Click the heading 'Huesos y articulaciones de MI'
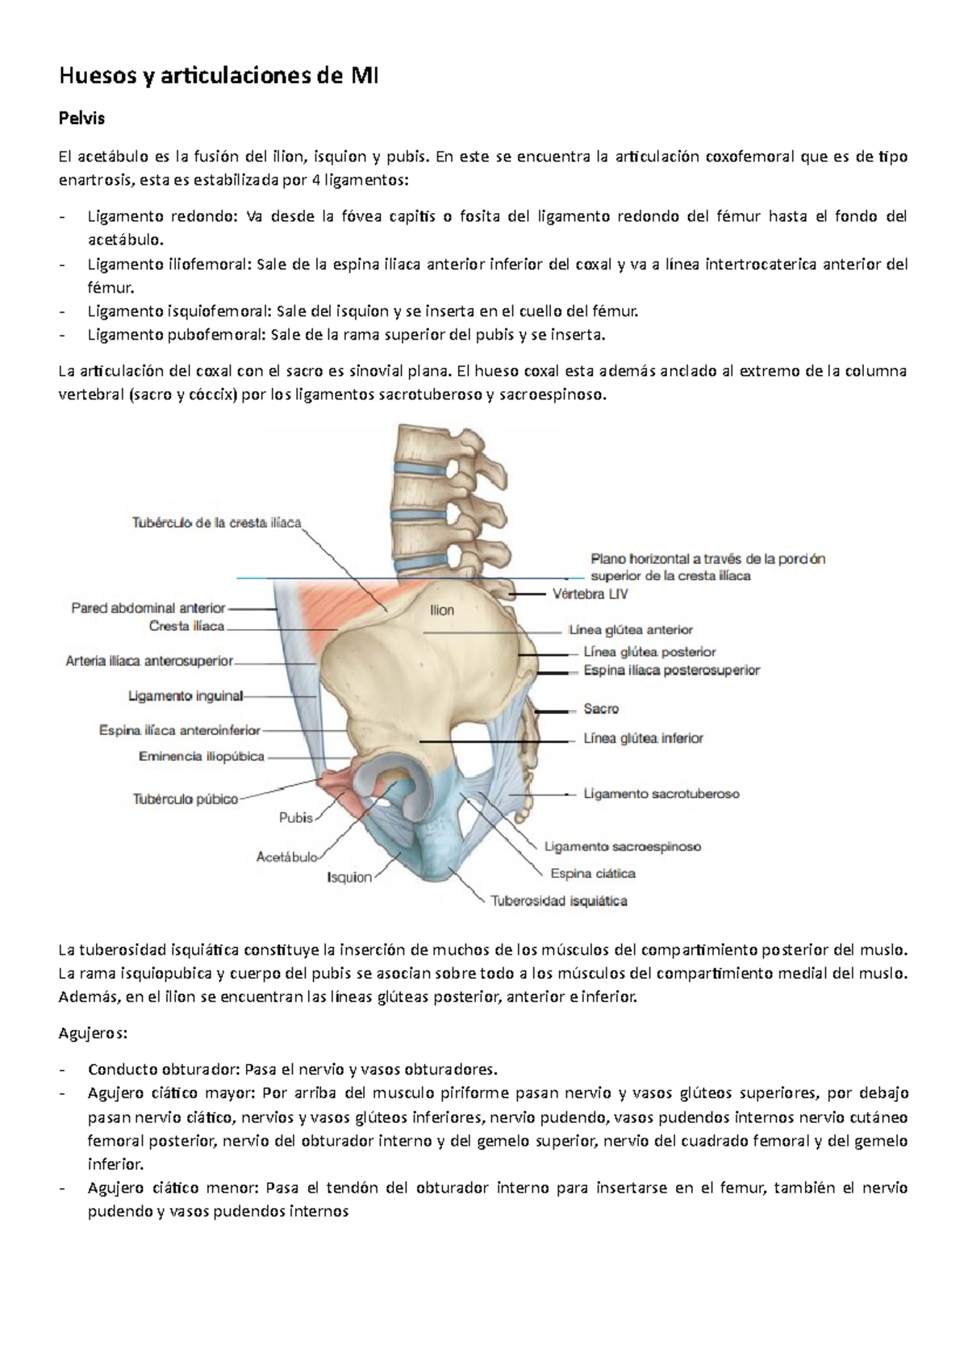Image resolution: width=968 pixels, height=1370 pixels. [x=219, y=77]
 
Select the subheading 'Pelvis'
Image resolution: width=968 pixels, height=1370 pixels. [x=82, y=119]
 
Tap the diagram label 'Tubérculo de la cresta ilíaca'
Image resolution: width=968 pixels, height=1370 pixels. [x=216, y=523]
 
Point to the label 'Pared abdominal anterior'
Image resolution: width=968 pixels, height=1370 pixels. [x=148, y=608]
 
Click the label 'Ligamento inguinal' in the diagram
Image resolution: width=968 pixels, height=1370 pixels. [x=186, y=695]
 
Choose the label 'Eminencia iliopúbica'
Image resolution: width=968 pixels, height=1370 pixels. [x=202, y=757]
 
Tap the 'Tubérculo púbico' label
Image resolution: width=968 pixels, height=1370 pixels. [x=186, y=800]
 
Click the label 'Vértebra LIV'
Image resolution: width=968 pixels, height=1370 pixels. [x=590, y=595]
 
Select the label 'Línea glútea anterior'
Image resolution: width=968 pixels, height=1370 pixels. [x=631, y=630]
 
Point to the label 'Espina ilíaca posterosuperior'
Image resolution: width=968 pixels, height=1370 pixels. [x=671, y=670]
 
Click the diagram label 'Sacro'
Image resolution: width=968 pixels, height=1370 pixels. [x=601, y=709]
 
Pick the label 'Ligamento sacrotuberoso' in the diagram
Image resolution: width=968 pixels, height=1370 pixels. [x=661, y=794]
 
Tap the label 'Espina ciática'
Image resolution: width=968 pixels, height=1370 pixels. [x=593, y=873]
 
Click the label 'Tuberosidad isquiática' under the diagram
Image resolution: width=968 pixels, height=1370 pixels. [x=559, y=901]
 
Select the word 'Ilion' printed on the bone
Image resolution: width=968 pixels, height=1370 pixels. [x=441, y=611]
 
